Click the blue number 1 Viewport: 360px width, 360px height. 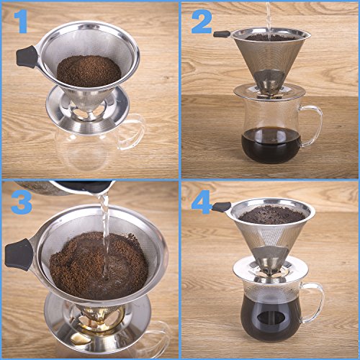[22, 21]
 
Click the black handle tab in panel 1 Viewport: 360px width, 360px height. [27, 57]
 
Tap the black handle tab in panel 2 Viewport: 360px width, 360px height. [222, 34]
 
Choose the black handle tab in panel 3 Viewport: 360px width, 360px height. [18, 254]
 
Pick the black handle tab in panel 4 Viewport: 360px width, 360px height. [221, 207]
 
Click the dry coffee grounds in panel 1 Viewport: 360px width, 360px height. [89, 71]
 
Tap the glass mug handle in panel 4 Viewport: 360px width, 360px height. [315, 302]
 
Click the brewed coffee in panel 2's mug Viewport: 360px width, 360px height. [271, 145]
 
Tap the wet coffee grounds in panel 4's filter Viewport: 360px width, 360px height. [272, 215]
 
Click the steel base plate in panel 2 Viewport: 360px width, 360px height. [269, 92]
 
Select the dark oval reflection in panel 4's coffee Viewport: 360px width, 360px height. [270, 318]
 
